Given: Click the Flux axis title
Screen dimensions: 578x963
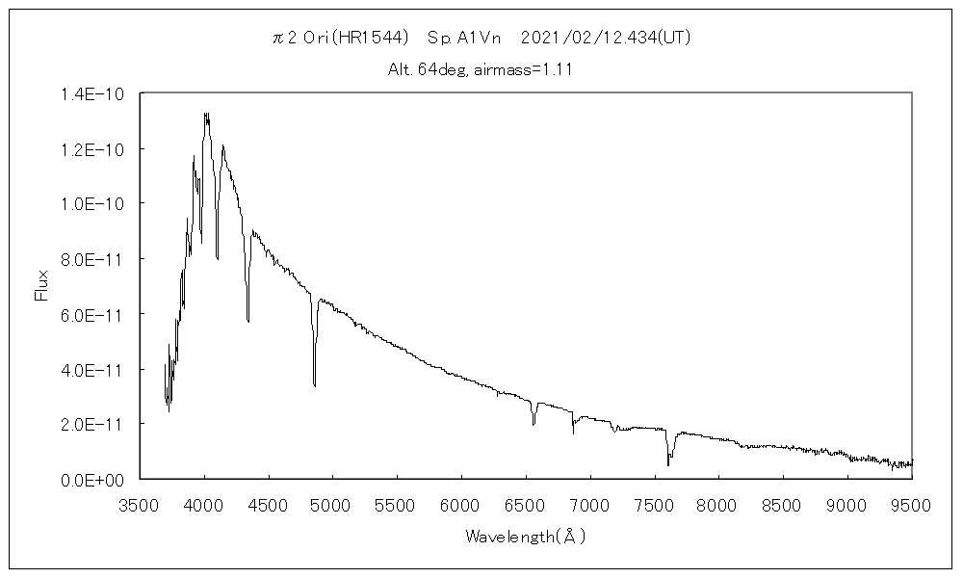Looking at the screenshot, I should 41,285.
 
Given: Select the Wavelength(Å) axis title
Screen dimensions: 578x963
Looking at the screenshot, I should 526,536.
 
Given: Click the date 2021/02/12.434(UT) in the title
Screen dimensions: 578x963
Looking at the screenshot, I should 605,38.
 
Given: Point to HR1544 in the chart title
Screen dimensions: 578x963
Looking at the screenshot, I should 371,38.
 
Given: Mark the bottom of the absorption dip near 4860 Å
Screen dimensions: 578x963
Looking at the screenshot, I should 315,385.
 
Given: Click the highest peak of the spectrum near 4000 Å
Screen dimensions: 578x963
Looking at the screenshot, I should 205,114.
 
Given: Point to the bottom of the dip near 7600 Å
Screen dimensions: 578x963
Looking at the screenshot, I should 668,465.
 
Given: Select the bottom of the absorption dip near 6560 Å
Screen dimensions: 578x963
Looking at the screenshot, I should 534,424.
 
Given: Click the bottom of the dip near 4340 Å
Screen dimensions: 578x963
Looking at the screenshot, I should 248,321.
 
